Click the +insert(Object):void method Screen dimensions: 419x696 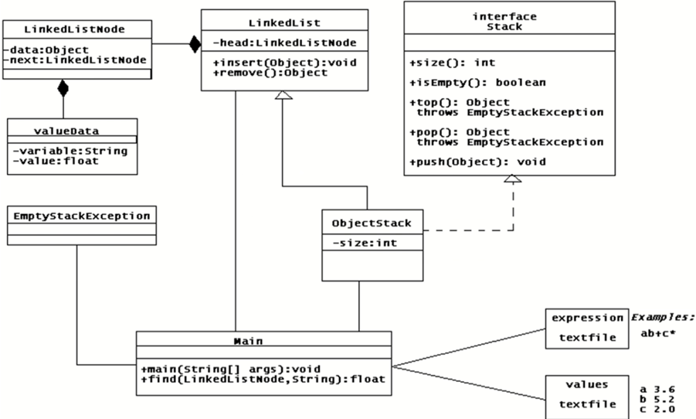click(x=285, y=62)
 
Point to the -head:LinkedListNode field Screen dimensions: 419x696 click(x=285, y=43)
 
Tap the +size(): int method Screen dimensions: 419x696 click(x=453, y=63)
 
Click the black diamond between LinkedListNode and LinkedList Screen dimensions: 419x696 click(x=193, y=43)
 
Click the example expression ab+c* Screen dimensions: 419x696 click(x=659, y=333)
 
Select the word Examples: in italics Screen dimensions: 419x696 click(x=663, y=317)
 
